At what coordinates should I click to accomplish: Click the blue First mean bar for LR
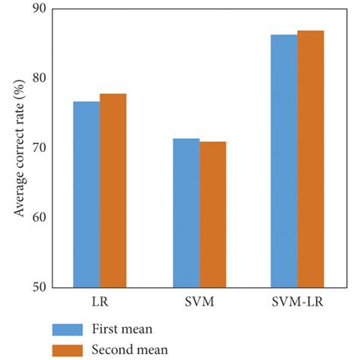pos(86,194)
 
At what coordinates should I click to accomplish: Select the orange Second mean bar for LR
pos(112,191)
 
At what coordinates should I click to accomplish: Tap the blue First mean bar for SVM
pos(186,213)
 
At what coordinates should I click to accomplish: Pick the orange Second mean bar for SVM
pos(213,214)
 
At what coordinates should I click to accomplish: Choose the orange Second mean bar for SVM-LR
pos(311,159)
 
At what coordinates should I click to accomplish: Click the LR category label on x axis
pos(99,302)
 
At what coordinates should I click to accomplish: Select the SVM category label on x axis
pos(199,302)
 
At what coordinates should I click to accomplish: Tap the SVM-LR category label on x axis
pos(297,302)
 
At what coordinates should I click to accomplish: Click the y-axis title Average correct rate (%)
pos(17,148)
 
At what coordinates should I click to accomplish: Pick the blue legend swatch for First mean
pos(67,330)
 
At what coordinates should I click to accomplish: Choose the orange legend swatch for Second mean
pos(67,350)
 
